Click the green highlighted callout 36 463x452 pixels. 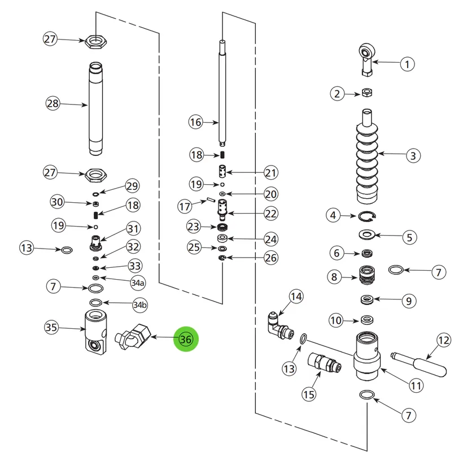(186, 339)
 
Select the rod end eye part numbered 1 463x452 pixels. (367, 60)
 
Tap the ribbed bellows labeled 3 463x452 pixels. (367, 157)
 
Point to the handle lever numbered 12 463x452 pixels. (420, 364)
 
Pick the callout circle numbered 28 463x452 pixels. (53, 103)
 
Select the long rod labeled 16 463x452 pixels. (222, 93)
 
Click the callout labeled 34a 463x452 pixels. (138, 282)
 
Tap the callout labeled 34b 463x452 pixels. (139, 305)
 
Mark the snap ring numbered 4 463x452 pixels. (367, 216)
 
